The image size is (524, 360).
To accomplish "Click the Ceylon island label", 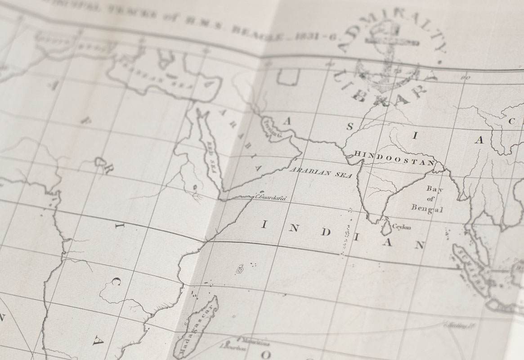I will pos(402,227).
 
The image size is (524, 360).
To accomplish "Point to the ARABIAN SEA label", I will pos(320,173).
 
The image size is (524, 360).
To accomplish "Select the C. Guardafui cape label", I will pos(271,197).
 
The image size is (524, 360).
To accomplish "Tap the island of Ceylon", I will pos(385,227).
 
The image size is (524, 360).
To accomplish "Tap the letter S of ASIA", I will pos(349,126).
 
